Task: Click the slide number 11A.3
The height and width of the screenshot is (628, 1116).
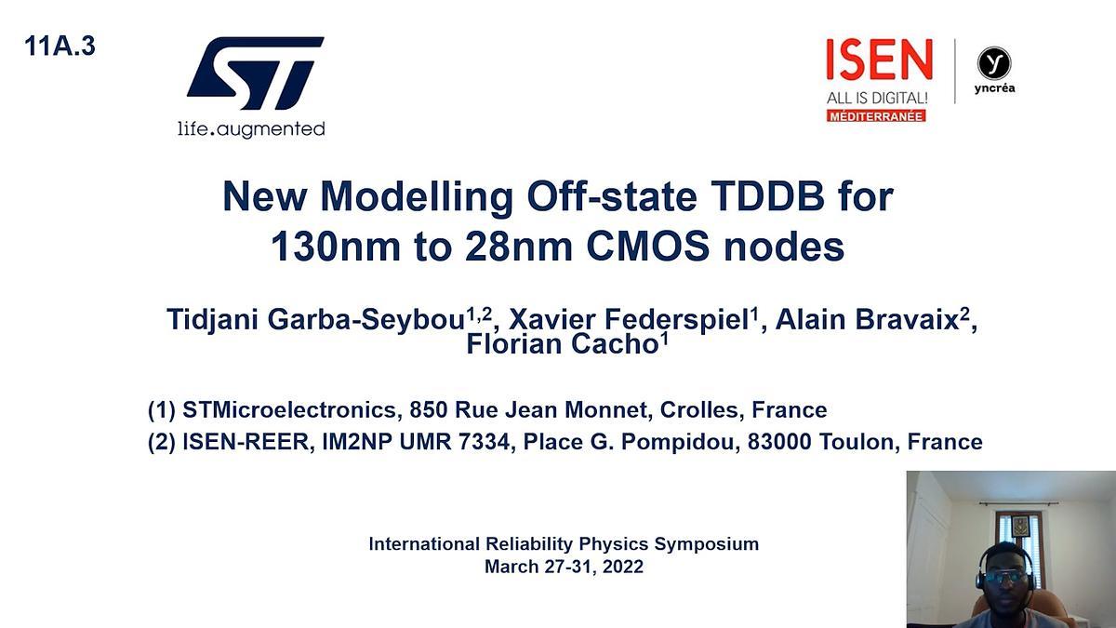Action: click(x=60, y=47)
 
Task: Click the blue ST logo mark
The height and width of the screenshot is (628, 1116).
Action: click(x=254, y=73)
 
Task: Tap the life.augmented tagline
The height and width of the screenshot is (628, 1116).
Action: click(x=251, y=128)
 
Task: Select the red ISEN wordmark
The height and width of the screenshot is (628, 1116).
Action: click(x=879, y=61)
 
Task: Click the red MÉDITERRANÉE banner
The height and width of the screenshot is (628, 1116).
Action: click(x=876, y=115)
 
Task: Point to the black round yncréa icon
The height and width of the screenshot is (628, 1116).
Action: click(x=994, y=63)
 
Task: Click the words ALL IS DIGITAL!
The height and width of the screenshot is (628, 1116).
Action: click(x=877, y=97)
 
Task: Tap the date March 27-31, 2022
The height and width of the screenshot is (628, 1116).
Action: click(x=564, y=566)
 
